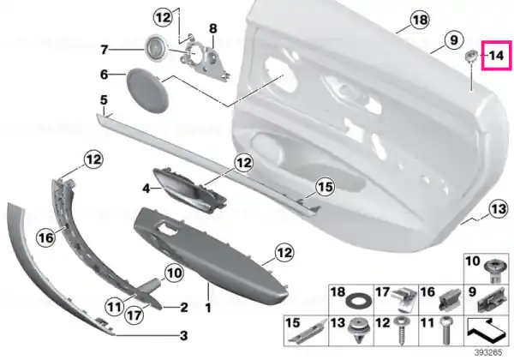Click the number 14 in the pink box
pyautogui.click(x=496, y=56)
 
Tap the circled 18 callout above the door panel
pyautogui.click(x=420, y=20)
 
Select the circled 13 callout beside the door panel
pyautogui.click(x=499, y=208)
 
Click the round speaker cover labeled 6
pyautogui.click(x=147, y=91)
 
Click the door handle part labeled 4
pyautogui.click(x=190, y=190)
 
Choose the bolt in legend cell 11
pyautogui.click(x=446, y=331)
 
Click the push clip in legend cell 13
pyautogui.click(x=358, y=331)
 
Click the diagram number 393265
pyautogui.click(x=488, y=353)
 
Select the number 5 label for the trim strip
pyautogui.click(x=104, y=100)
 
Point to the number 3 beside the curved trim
pyautogui.click(x=184, y=335)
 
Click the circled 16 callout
pyautogui.click(x=46, y=237)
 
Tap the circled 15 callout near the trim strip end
pyautogui.click(x=325, y=187)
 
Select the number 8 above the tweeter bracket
pyautogui.click(x=213, y=28)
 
